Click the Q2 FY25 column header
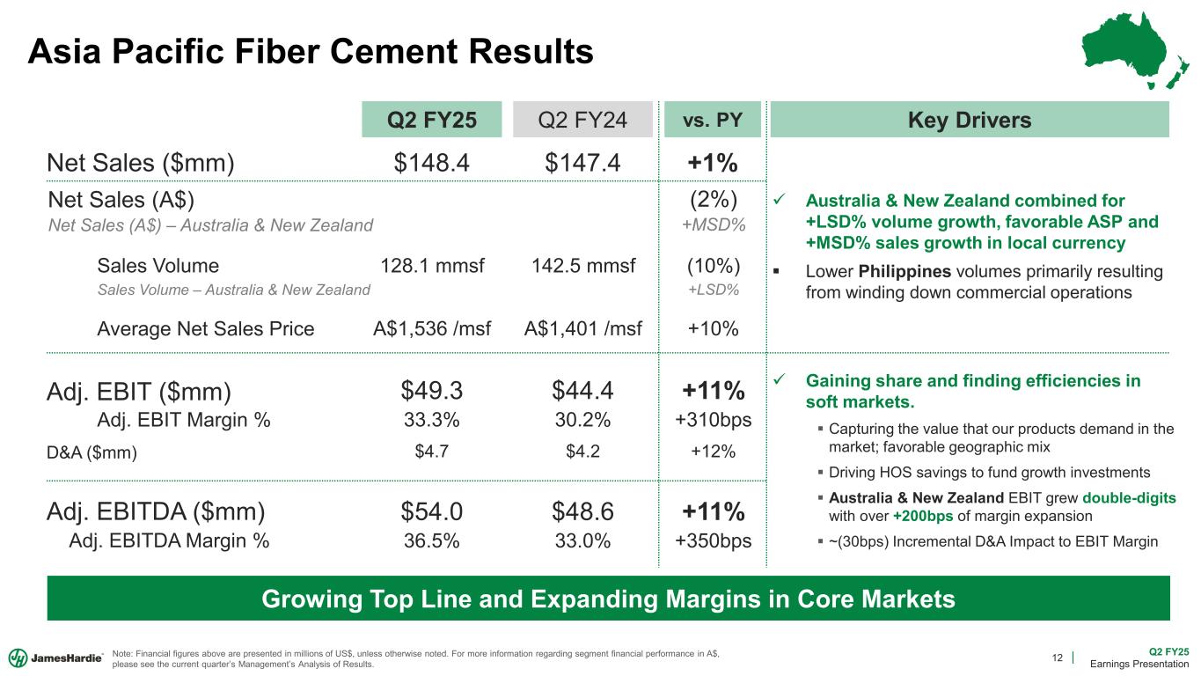click(x=431, y=120)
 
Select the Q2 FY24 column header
click(x=582, y=120)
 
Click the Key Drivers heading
click(x=969, y=120)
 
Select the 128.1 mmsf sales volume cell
click(x=432, y=266)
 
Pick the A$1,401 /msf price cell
click(x=582, y=328)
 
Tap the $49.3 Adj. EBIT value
click(x=431, y=390)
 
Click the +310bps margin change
click(x=713, y=420)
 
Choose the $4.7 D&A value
click(x=431, y=452)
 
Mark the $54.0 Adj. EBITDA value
click(x=431, y=511)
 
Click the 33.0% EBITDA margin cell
click(x=582, y=541)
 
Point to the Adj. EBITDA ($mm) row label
click(x=156, y=511)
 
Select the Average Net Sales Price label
click(x=206, y=328)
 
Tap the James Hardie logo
click(x=55, y=658)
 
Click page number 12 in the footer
click(x=1058, y=658)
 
